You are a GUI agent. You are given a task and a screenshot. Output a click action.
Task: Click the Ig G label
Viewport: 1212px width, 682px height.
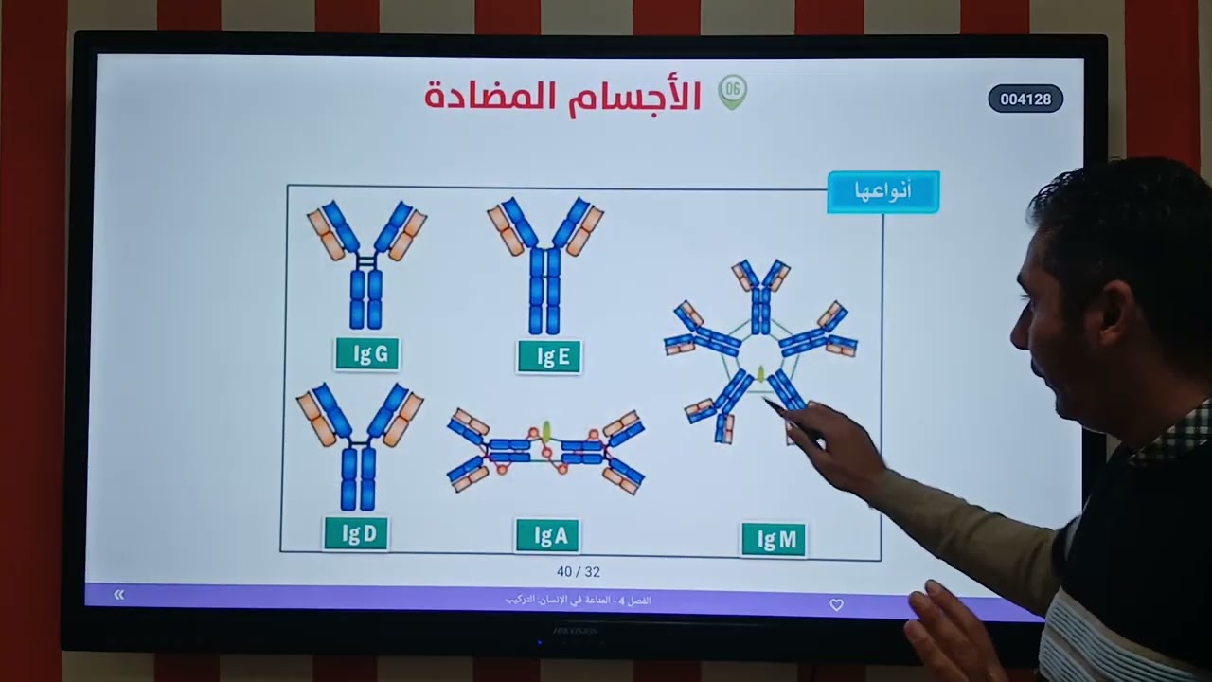pyautogui.click(x=367, y=354)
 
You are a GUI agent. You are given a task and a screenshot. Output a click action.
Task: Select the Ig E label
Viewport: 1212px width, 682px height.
pyautogui.click(x=549, y=356)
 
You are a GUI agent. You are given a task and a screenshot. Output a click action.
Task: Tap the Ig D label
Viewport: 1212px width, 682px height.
pyautogui.click(x=356, y=533)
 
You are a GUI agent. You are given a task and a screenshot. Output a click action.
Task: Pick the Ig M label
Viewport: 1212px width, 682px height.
pyautogui.click(x=774, y=540)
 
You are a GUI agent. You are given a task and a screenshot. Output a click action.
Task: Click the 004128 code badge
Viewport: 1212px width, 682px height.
pyautogui.click(x=1025, y=99)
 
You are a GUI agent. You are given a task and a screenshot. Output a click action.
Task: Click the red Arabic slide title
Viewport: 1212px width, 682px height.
pyautogui.click(x=562, y=96)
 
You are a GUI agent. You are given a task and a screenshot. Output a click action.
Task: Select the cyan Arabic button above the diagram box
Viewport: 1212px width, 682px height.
pyautogui.click(x=882, y=191)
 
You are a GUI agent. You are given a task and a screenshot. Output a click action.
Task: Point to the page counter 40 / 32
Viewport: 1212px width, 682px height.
pyautogui.click(x=579, y=572)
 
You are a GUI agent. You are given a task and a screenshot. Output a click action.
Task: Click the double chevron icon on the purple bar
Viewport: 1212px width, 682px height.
pyautogui.click(x=118, y=595)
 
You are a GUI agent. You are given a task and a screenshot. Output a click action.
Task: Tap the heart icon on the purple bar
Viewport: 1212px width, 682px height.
pyautogui.click(x=836, y=604)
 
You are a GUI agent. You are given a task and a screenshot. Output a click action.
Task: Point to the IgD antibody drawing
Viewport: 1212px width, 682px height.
pyautogui.click(x=359, y=445)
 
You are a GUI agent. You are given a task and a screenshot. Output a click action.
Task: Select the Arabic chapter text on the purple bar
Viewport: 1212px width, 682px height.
pyautogui.click(x=578, y=601)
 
